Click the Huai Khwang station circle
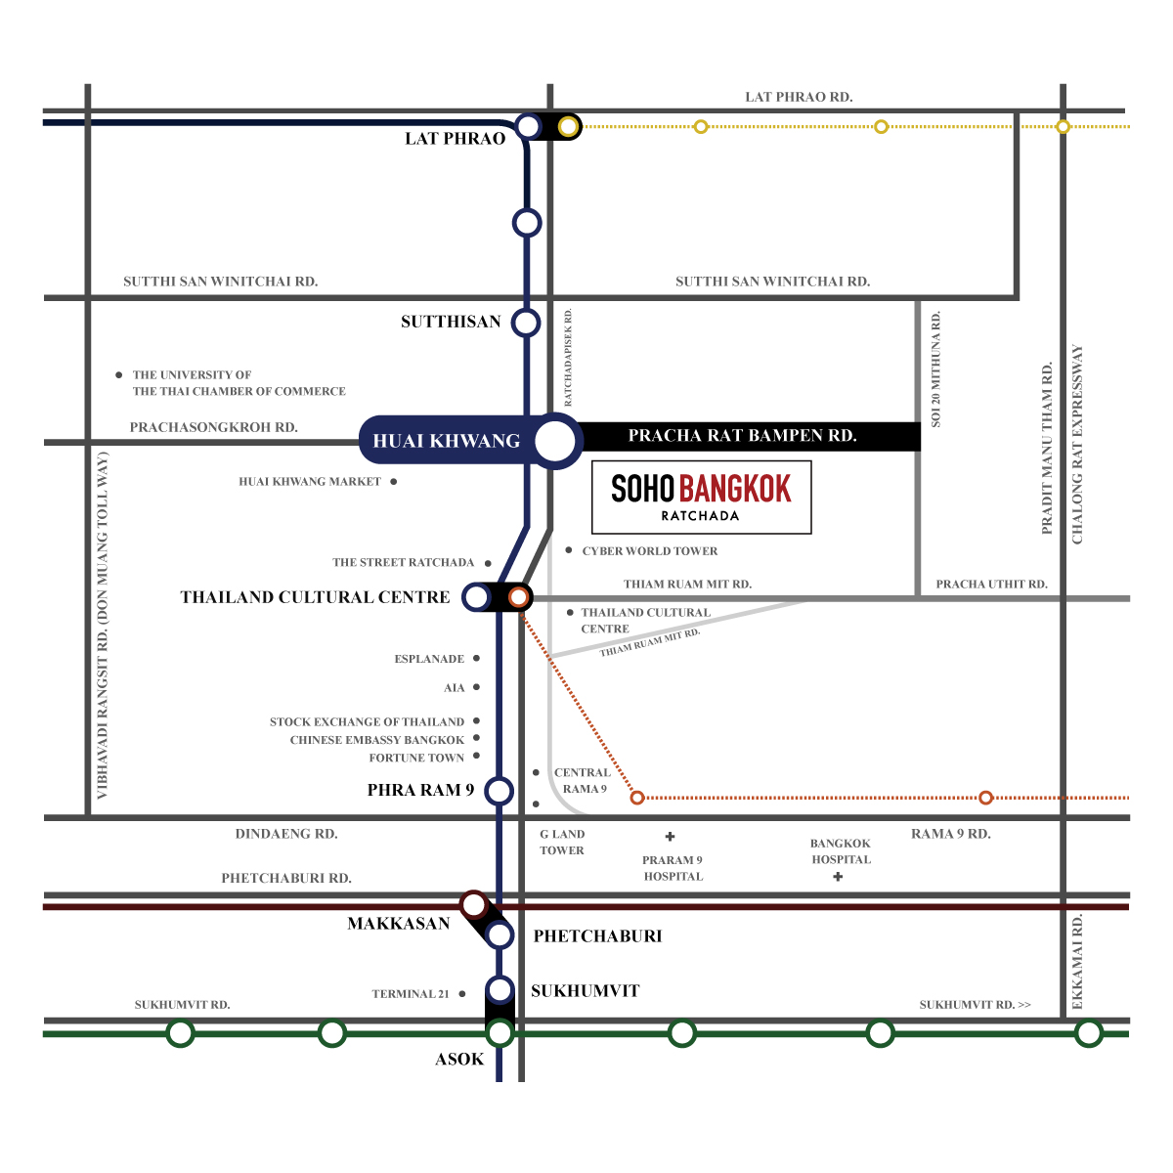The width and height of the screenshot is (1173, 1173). pyautogui.click(x=556, y=441)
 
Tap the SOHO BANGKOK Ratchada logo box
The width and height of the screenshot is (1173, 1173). pyautogui.click(x=702, y=497)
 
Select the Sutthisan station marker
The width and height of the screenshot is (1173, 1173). pyautogui.click(x=527, y=323)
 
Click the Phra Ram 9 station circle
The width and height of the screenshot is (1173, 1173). pyautogui.click(x=500, y=791)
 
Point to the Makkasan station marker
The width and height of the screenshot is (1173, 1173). pyautogui.click(x=473, y=904)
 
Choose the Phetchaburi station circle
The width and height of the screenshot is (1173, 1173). pyautogui.click(x=500, y=935)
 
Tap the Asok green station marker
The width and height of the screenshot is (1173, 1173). pyautogui.click(x=500, y=1032)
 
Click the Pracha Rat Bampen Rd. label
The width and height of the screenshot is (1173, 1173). pyautogui.click(x=742, y=436)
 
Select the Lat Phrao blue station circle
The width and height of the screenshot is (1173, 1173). pyautogui.click(x=528, y=126)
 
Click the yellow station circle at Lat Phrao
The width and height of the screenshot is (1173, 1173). pyautogui.click(x=568, y=126)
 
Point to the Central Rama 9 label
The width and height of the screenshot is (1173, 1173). pyautogui.click(x=583, y=780)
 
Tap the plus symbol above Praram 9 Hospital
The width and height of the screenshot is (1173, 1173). pyautogui.click(x=671, y=837)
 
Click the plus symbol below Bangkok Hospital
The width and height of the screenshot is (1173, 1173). pyautogui.click(x=838, y=877)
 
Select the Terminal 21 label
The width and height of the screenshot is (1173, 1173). pyautogui.click(x=411, y=994)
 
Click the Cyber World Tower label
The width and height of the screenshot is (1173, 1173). pyautogui.click(x=650, y=551)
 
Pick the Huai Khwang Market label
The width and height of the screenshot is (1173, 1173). pyautogui.click(x=310, y=482)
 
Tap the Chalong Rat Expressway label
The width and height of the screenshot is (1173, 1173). pyautogui.click(x=1078, y=445)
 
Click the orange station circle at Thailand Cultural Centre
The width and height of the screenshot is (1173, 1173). pyautogui.click(x=519, y=596)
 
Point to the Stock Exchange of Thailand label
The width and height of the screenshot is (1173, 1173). pyautogui.click(x=368, y=722)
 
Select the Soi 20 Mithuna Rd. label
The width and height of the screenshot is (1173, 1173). pyautogui.click(x=936, y=369)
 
